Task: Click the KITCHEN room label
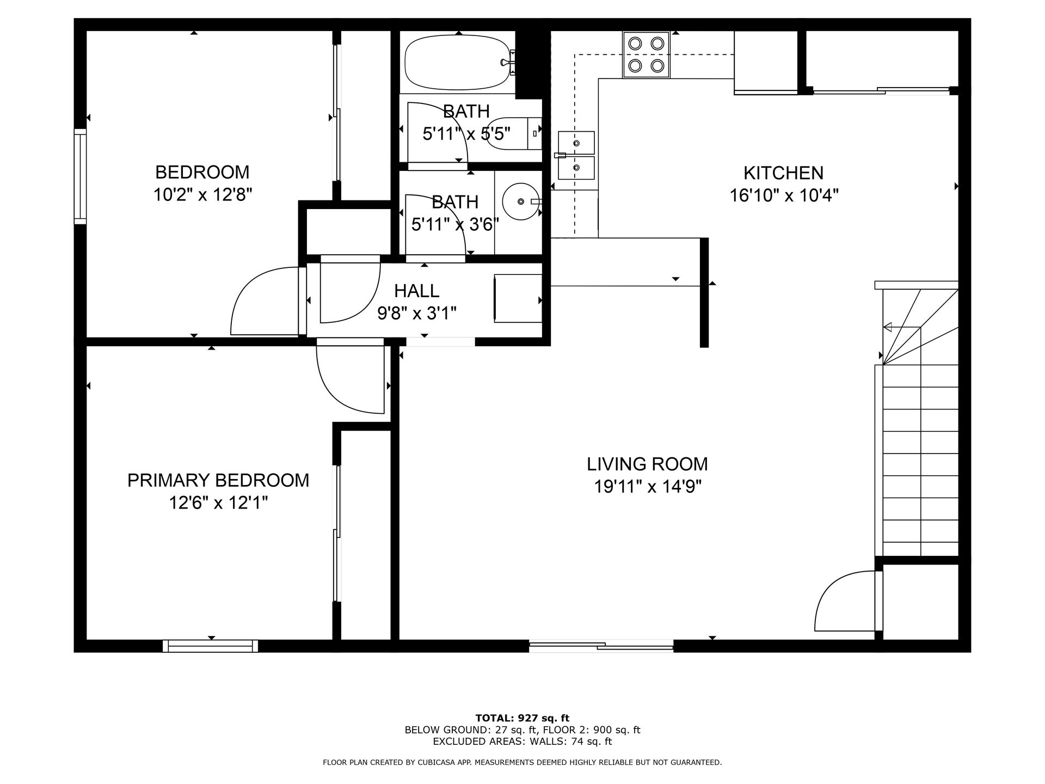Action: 783,173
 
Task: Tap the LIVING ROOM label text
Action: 647,464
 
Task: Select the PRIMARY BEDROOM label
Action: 218,480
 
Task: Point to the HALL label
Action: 416,291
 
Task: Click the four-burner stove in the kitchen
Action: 646,54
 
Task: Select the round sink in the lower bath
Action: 521,201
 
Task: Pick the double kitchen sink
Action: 576,155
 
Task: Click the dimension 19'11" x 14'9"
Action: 647,486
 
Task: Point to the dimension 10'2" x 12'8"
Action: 202,194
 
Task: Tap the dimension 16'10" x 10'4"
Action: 784,195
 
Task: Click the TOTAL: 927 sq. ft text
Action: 522,718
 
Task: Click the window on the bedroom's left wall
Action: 81,176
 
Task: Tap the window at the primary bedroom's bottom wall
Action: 210,646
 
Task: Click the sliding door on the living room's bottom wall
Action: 601,646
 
